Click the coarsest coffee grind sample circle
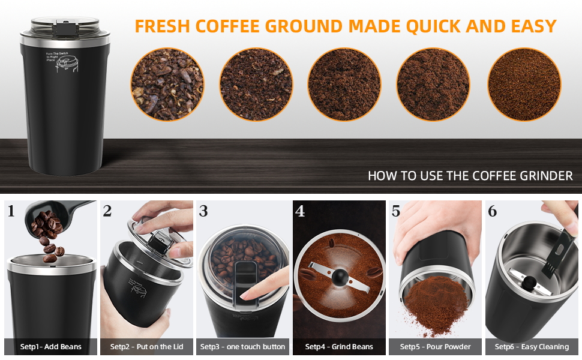(x=167, y=85)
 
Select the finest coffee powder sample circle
(x=524, y=85)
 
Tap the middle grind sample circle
(x=345, y=85)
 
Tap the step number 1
(x=12, y=211)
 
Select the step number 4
(x=300, y=211)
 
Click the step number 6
(x=493, y=211)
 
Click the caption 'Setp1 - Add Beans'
(x=50, y=347)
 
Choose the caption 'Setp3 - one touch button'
(x=243, y=347)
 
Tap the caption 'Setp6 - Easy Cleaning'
(x=532, y=347)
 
